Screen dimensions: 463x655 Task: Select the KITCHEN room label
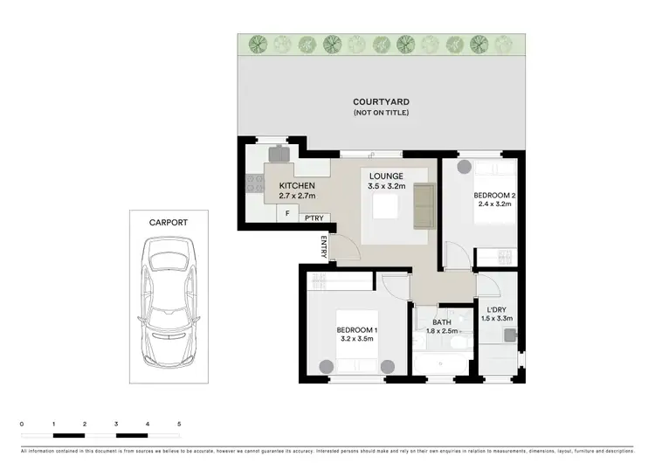297,186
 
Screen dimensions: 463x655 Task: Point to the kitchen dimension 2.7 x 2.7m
297,197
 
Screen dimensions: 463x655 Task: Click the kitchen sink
279,154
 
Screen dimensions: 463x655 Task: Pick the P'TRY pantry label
314,218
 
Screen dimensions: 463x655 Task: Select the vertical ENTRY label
324,247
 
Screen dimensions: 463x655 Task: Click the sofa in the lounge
424,205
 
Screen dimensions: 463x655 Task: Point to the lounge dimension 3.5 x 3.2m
385,186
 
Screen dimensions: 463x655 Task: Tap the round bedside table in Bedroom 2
462,166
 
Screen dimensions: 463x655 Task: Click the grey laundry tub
509,334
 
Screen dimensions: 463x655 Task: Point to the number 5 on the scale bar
179,423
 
